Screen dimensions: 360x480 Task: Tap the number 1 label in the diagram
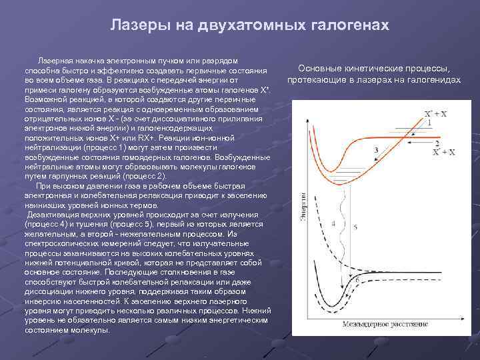pos(430,123)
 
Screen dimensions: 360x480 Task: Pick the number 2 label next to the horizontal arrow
pos(437,143)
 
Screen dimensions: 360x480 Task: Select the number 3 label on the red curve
pos(377,151)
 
